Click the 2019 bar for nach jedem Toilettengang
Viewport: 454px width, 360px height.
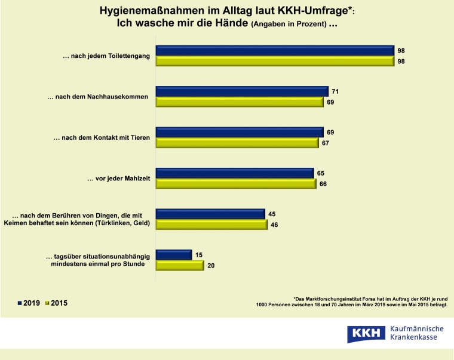tap(275, 51)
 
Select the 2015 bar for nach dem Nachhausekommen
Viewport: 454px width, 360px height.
tap(240, 102)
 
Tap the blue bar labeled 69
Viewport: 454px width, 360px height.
tap(239, 132)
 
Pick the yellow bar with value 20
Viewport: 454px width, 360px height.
tap(180, 266)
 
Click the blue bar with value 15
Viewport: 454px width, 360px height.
tap(173, 255)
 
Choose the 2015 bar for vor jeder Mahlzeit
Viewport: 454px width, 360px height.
tap(235, 184)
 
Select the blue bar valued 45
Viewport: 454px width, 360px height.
tap(210, 214)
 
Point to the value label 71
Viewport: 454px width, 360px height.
tap(336, 91)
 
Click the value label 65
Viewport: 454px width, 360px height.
tap(321, 173)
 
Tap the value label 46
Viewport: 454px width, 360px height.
tap(274, 225)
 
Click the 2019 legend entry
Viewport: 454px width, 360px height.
tap(28, 303)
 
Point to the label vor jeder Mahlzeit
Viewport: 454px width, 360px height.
tap(118, 179)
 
